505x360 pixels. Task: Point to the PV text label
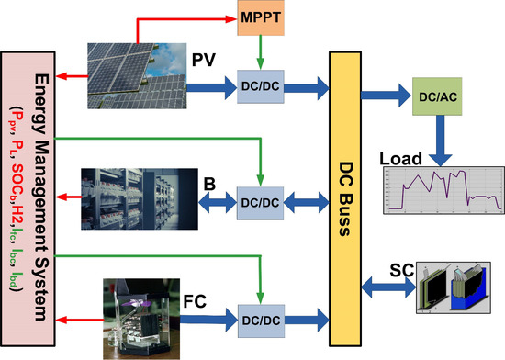click(203, 62)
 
